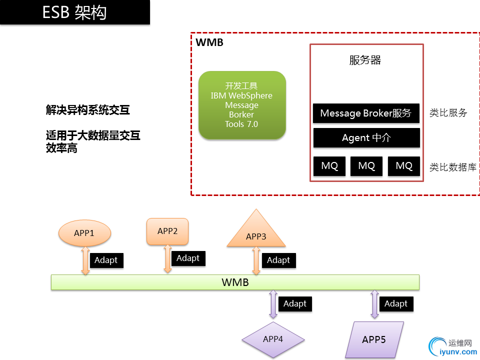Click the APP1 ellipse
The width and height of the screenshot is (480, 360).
pyautogui.click(x=84, y=233)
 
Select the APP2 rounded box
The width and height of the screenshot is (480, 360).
pyautogui.click(x=167, y=231)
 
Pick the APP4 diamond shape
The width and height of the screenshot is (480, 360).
pyautogui.click(x=273, y=339)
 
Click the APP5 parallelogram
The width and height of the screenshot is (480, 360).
pyautogui.click(x=374, y=339)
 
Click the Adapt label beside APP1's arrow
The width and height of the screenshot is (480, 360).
pyautogui.click(x=106, y=260)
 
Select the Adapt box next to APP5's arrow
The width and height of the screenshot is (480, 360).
pyautogui.click(x=396, y=303)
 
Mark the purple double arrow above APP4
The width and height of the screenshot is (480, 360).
pyautogui.click(x=273, y=304)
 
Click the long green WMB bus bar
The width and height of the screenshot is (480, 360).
pyautogui.click(x=235, y=282)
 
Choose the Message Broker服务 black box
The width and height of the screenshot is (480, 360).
pyautogui.click(x=366, y=113)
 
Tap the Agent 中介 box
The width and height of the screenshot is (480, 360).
pyautogui.click(x=366, y=138)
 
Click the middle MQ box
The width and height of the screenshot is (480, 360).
pyautogui.click(x=366, y=166)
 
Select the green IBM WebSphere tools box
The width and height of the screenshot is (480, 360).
pyautogui.click(x=242, y=105)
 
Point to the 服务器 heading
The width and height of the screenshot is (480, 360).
pyautogui.click(x=365, y=60)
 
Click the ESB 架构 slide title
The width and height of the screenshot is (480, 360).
pyautogui.click(x=74, y=12)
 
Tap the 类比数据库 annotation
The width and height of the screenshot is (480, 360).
pyautogui.click(x=452, y=167)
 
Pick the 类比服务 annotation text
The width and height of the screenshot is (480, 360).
pyautogui.click(x=448, y=113)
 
